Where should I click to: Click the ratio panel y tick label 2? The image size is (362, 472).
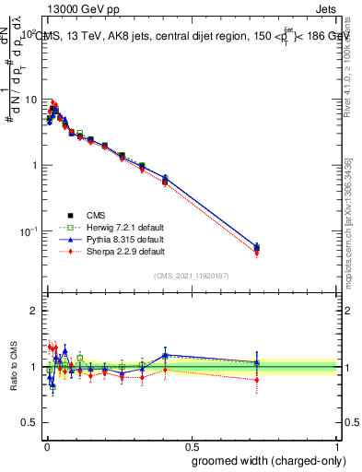point(34,311)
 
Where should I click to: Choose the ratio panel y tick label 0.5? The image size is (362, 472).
point(30,422)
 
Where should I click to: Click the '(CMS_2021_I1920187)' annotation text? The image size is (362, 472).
point(193,275)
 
